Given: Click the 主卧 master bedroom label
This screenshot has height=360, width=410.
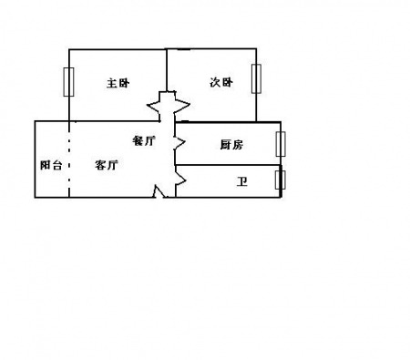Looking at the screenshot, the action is pyautogui.click(x=118, y=83).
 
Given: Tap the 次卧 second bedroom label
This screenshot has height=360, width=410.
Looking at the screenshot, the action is pyautogui.click(x=221, y=82).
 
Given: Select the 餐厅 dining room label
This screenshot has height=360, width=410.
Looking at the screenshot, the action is pyautogui.click(x=144, y=140).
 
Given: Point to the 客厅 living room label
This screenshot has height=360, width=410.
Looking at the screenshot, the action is pyautogui.click(x=107, y=165).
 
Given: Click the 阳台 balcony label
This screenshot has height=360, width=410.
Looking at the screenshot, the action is pyautogui.click(x=51, y=165).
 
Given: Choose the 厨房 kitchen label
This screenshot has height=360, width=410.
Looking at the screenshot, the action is pyautogui.click(x=231, y=145).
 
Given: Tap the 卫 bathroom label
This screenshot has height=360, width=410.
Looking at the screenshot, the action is pyautogui.click(x=242, y=181).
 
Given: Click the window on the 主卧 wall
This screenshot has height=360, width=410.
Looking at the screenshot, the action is pyautogui.click(x=68, y=82).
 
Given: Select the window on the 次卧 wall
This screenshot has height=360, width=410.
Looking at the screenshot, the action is pyautogui.click(x=256, y=78).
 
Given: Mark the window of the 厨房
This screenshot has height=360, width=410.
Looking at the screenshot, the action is pyautogui.click(x=281, y=144).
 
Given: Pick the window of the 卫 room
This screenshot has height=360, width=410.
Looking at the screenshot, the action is pyautogui.click(x=281, y=180).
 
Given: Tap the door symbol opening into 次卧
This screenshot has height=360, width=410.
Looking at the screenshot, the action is pyautogui.click(x=181, y=105).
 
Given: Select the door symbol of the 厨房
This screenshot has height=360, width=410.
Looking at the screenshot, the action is pyautogui.click(x=179, y=142).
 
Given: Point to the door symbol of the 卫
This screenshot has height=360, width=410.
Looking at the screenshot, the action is pyautogui.click(x=180, y=180).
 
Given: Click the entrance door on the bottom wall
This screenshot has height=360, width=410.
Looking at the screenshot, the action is pyautogui.click(x=159, y=191).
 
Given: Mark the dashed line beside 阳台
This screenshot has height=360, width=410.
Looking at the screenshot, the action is pyautogui.click(x=69, y=159).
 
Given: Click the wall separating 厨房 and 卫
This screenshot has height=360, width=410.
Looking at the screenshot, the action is pyautogui.click(x=228, y=165).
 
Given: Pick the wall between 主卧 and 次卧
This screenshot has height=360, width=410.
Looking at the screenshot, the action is pyautogui.click(x=167, y=70).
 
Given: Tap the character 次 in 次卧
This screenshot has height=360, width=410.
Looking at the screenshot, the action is pyautogui.click(x=215, y=82).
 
